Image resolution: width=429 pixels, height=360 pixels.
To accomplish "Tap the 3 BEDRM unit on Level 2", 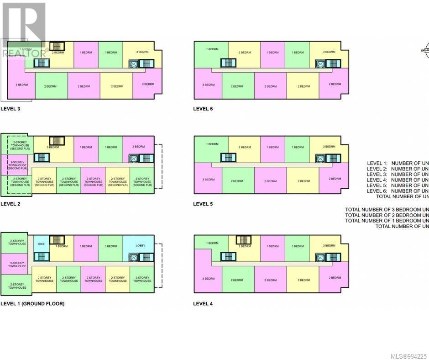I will pyautogui.click(x=53, y=147).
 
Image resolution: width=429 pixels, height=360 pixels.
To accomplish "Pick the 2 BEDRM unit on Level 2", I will pyautogui.click(x=138, y=146).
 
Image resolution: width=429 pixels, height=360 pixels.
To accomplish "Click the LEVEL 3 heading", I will pyautogui.click(x=10, y=109).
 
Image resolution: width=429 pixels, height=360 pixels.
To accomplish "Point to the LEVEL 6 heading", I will pyautogui.click(x=203, y=109).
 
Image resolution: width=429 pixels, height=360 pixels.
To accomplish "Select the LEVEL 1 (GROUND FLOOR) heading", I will pyautogui.click(x=32, y=303).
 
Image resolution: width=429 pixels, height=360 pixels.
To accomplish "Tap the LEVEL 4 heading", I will pyautogui.click(x=203, y=303).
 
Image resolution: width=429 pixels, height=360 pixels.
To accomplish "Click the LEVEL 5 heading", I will pyautogui.click(x=203, y=204).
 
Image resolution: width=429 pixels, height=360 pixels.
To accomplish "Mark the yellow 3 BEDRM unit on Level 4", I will pyautogui.click(x=329, y=246).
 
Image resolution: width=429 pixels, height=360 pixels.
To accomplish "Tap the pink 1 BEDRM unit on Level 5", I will pyautogui.click(x=273, y=147).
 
